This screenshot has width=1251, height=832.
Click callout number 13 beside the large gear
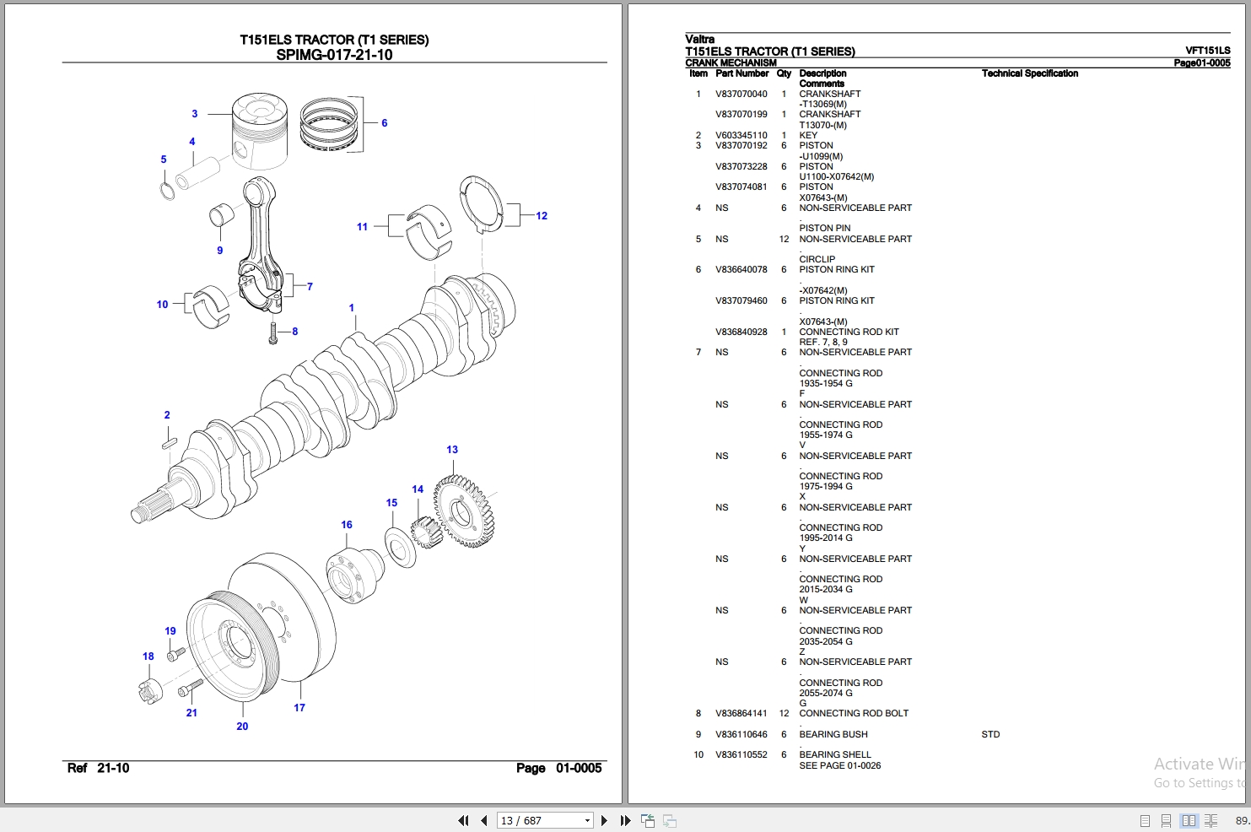click(452, 450)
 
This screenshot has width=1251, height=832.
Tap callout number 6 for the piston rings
click(384, 123)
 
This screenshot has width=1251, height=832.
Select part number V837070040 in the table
click(741, 95)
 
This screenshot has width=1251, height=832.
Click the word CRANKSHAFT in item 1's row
click(829, 95)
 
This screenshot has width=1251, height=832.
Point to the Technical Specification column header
click(1029, 73)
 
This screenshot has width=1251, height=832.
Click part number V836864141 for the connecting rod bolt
click(741, 714)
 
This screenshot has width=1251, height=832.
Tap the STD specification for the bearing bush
click(990, 735)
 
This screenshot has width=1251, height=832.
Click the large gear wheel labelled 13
click(464, 511)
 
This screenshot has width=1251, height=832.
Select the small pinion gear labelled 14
click(425, 532)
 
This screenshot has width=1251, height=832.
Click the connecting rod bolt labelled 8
click(272, 332)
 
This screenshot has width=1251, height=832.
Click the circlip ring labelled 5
click(168, 190)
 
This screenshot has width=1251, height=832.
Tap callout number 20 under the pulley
click(242, 727)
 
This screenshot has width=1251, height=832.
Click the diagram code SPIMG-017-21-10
click(334, 55)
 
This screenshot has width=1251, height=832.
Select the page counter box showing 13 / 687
click(544, 820)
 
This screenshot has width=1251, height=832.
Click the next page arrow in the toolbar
click(604, 820)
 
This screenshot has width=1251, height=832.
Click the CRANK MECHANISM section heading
click(731, 62)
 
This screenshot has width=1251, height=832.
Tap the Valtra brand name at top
click(699, 39)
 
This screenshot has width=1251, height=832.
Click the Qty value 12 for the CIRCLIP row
click(784, 240)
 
